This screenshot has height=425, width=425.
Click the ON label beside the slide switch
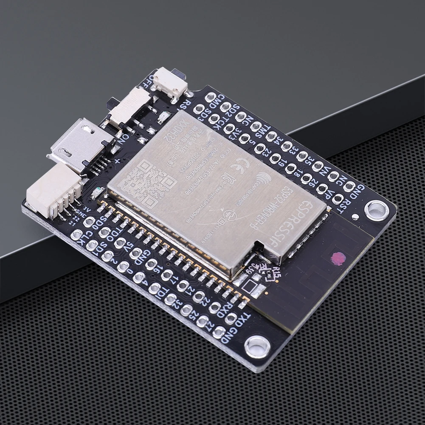120,138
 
